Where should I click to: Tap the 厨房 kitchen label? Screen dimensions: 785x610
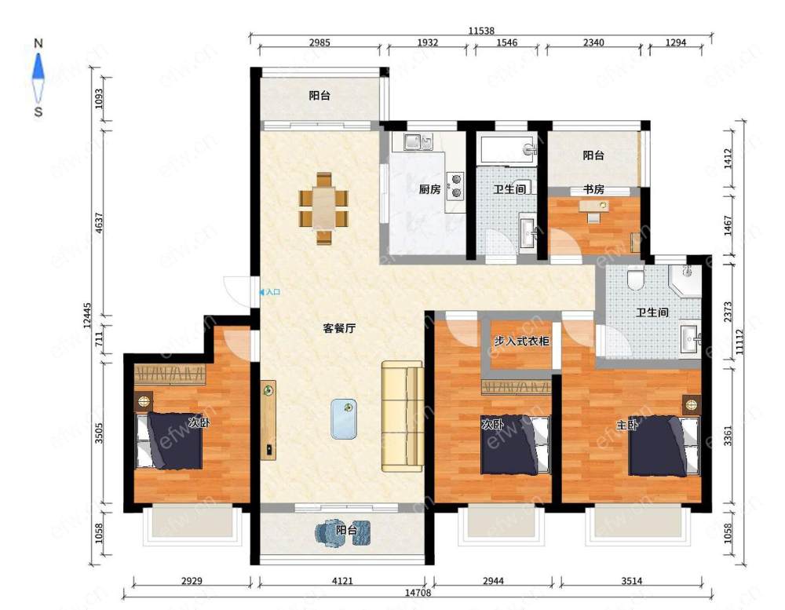pyautogui.click(x=429, y=189)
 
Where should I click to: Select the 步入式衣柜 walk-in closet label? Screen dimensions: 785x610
pyautogui.click(x=522, y=341)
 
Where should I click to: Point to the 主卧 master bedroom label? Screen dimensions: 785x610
pyautogui.click(x=626, y=426)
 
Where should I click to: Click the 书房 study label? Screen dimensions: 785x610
pyautogui.click(x=593, y=189)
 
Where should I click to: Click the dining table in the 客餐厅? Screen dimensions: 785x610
pyautogui.click(x=324, y=208)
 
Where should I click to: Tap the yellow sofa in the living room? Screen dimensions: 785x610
pyautogui.click(x=403, y=416)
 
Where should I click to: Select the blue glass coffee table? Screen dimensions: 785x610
pyautogui.click(x=344, y=418)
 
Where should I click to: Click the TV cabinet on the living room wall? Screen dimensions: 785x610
pyautogui.click(x=268, y=420)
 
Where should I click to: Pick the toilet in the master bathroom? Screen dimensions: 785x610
pyautogui.click(x=635, y=279)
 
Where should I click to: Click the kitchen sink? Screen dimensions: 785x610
pyautogui.click(x=418, y=142)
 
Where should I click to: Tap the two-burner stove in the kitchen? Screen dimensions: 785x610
pyautogui.click(x=455, y=186)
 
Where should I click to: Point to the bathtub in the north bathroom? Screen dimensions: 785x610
pyautogui.click(x=508, y=148)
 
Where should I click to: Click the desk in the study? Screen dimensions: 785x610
pyautogui.click(x=594, y=206)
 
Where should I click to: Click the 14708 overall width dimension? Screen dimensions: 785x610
pyautogui.click(x=418, y=593)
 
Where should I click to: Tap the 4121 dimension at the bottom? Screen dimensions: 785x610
pyautogui.click(x=342, y=581)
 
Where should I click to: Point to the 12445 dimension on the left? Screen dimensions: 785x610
pyautogui.click(x=87, y=316)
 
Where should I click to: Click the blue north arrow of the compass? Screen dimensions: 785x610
pyautogui.click(x=38, y=67)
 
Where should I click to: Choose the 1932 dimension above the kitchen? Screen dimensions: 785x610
pyautogui.click(x=428, y=42)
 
